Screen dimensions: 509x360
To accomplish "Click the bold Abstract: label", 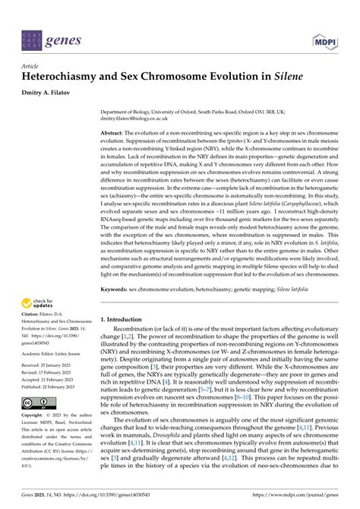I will (x=115, y=132).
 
